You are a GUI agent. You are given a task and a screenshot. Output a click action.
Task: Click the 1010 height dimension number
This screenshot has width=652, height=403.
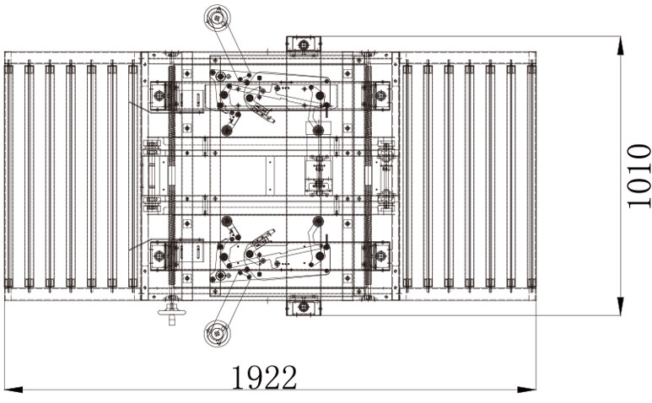pyautogui.click(x=639, y=175)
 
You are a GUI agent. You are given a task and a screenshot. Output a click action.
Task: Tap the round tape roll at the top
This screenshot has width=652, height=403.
pyautogui.click(x=217, y=18)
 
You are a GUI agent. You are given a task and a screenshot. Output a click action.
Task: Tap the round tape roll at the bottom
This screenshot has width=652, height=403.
pyautogui.click(x=217, y=333)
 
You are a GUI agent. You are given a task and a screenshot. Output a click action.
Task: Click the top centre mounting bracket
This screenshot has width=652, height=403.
pyautogui.click(x=304, y=44)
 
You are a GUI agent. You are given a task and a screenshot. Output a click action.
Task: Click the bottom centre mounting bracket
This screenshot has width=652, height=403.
pyautogui.click(x=304, y=308)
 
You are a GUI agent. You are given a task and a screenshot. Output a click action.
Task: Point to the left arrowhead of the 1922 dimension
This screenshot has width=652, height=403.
pyautogui.click(x=13, y=390)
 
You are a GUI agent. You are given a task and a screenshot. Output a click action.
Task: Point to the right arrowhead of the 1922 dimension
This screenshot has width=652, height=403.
pyautogui.click(x=527, y=390)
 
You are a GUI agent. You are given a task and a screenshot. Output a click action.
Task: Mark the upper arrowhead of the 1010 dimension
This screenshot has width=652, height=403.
pyautogui.click(x=620, y=46)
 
